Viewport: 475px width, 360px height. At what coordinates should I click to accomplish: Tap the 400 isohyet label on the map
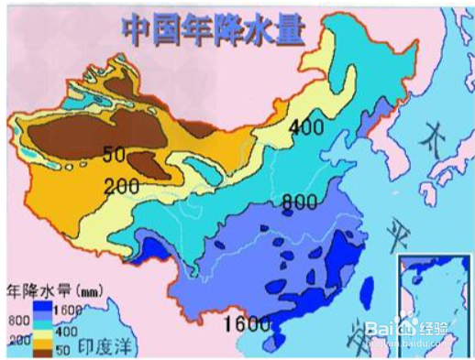pos(306,126)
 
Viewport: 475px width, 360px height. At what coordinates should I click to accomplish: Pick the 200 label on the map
pos(120,186)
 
